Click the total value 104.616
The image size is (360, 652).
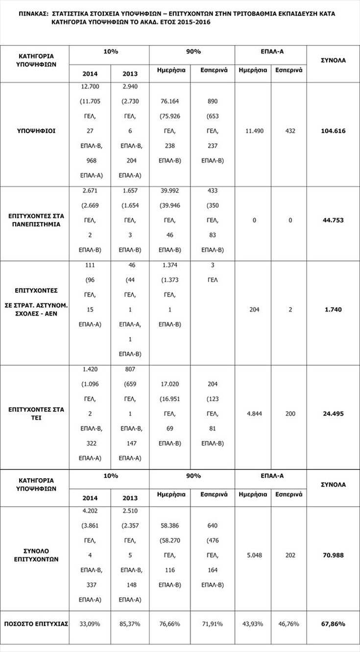pos(333,131)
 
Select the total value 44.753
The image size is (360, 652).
pos(333,220)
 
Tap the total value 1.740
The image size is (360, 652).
pos(333,309)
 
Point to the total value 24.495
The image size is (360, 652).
pos(333,414)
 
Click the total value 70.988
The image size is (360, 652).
pos(333,555)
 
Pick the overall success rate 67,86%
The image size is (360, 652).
pos(333,624)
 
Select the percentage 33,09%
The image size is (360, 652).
pos(90,624)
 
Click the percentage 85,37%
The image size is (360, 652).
pos(130,624)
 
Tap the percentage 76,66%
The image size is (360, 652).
pos(170,624)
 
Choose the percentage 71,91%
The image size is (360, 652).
pos(213,624)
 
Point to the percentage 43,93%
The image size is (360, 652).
pos(253,624)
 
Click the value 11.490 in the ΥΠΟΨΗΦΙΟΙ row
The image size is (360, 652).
pos(253,131)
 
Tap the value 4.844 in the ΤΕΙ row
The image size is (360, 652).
pos(253,414)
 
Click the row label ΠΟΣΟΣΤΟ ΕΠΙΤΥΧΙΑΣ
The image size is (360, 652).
pos(35,624)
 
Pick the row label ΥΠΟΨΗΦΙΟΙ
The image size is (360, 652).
pos(35,131)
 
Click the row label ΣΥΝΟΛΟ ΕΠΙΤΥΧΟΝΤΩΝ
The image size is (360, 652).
pos(35,555)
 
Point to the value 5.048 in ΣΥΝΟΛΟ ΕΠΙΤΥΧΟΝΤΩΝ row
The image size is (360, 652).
pos(253,555)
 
